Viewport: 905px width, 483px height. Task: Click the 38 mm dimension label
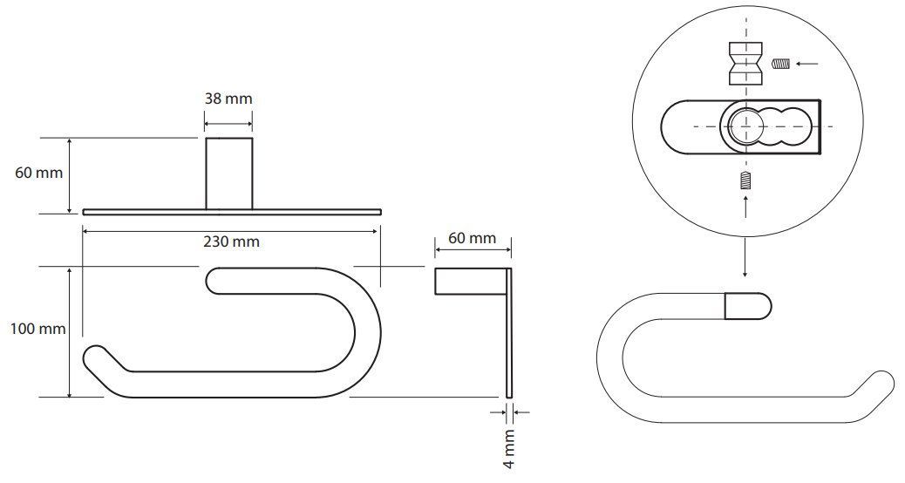[x=228, y=99]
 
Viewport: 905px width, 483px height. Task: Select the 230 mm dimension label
[x=231, y=241]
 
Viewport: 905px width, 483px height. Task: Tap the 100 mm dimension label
[x=38, y=330]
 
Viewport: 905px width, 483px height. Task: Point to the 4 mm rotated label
[x=509, y=448]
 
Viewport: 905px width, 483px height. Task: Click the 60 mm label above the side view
[x=473, y=238]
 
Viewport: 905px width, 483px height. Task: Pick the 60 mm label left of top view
[x=39, y=173]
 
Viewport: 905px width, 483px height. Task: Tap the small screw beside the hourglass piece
[x=780, y=64]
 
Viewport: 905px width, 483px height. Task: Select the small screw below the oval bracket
[x=746, y=180]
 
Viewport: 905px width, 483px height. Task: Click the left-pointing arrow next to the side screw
[x=806, y=64]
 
